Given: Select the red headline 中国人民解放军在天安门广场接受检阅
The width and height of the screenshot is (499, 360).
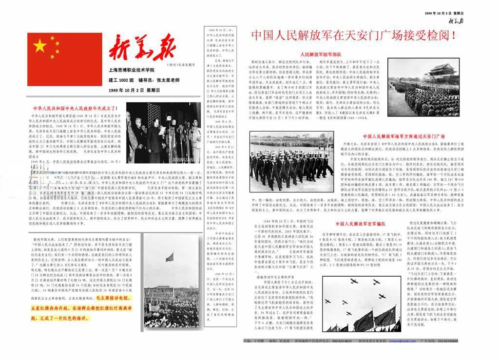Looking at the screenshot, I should tap(353, 36).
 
